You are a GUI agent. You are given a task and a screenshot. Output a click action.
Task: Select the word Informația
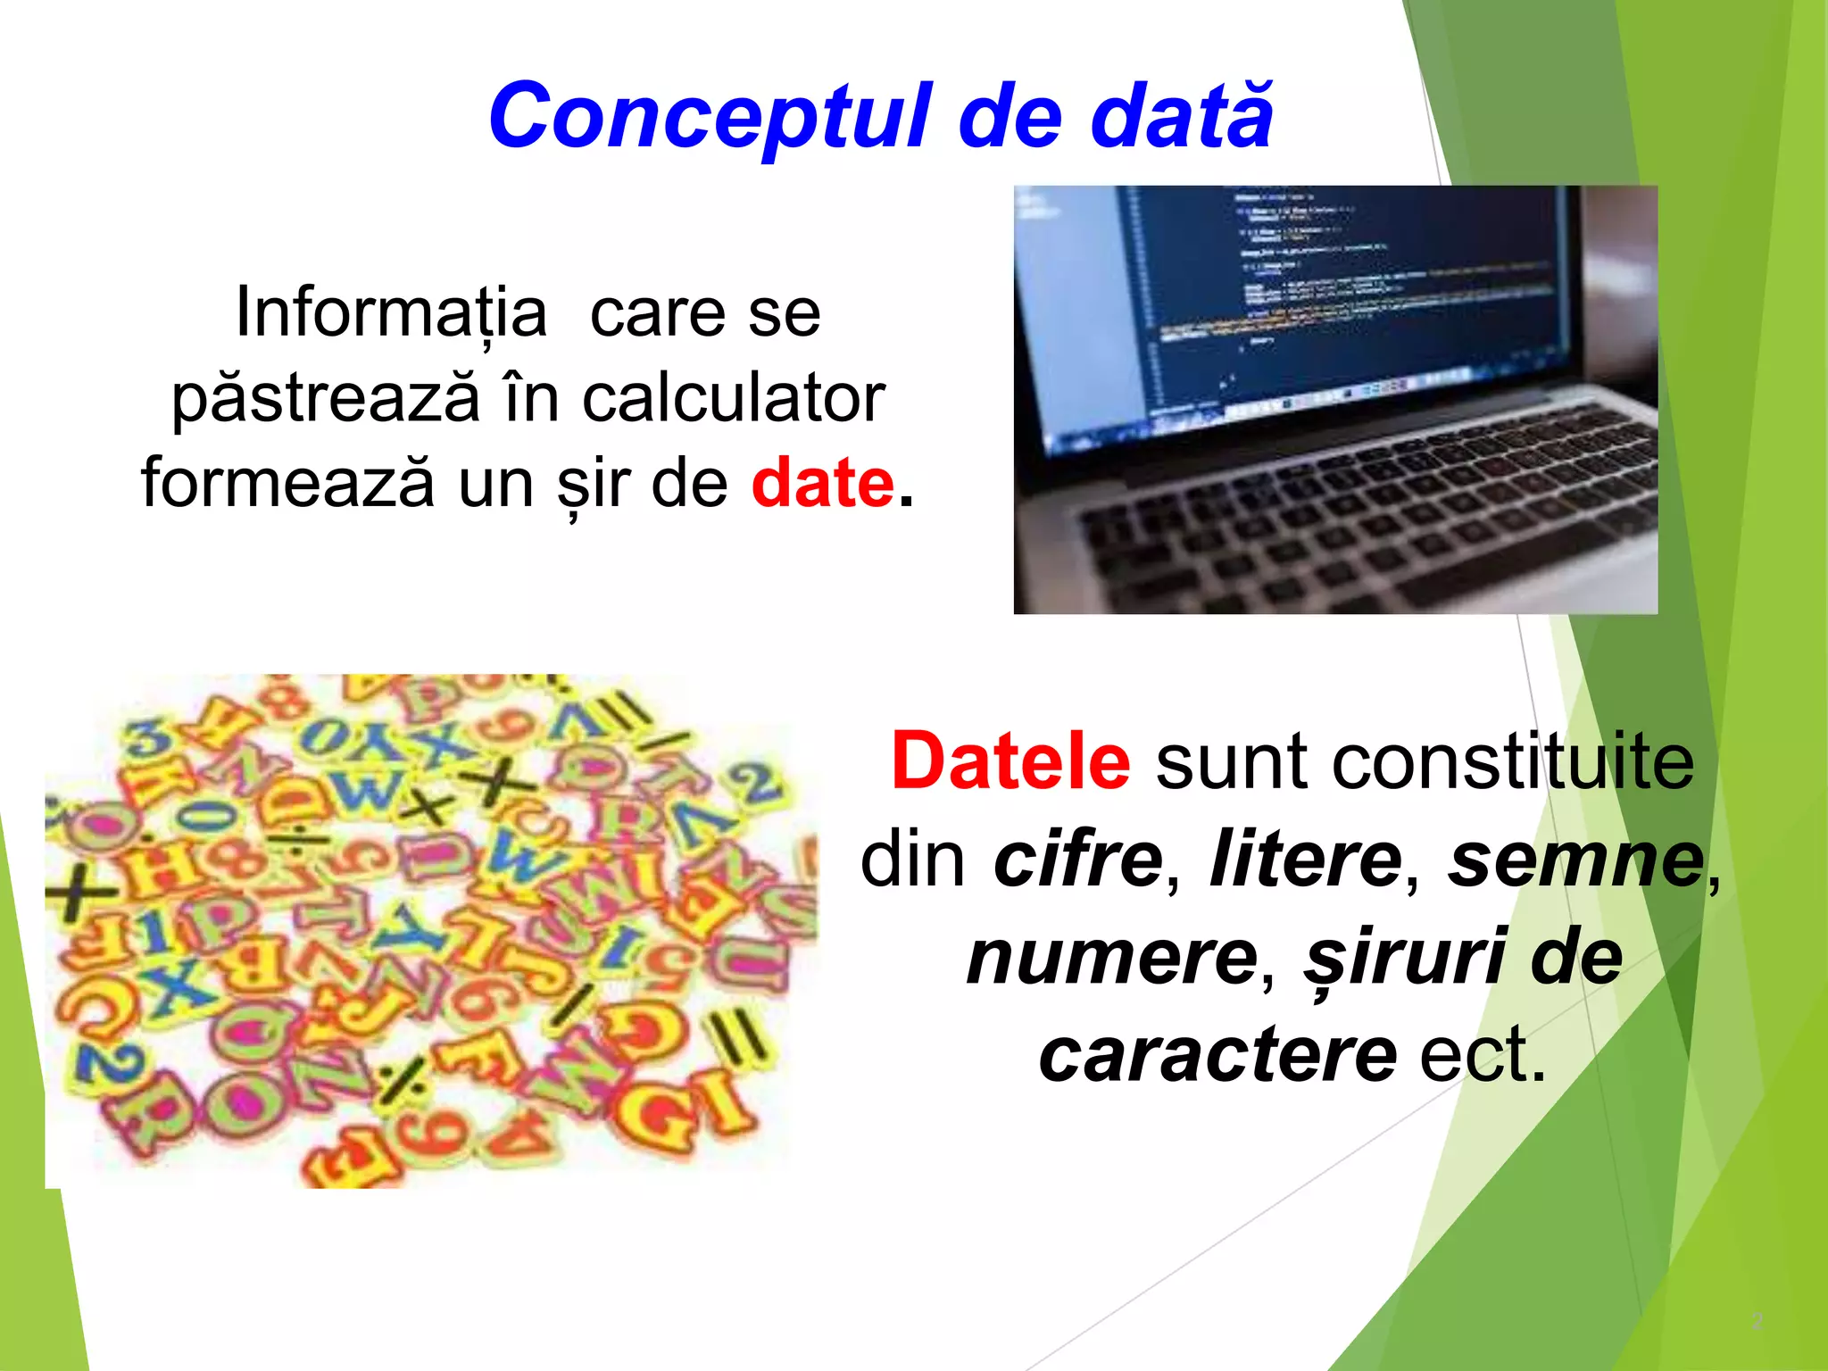click(390, 312)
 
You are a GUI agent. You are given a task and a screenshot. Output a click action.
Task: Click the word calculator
click(734, 398)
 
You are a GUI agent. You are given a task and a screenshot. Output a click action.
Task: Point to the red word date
click(822, 483)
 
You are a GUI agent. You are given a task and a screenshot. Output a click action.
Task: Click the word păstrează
click(326, 398)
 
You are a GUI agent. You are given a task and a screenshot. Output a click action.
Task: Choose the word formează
click(288, 483)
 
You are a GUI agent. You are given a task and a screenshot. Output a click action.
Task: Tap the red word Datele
click(1010, 761)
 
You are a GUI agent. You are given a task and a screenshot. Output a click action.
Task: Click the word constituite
click(1425, 761)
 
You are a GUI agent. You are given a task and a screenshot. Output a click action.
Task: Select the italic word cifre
click(1078, 860)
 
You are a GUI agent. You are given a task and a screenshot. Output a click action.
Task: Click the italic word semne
click(1575, 860)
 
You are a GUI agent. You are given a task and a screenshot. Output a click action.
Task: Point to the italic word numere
click(1111, 958)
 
